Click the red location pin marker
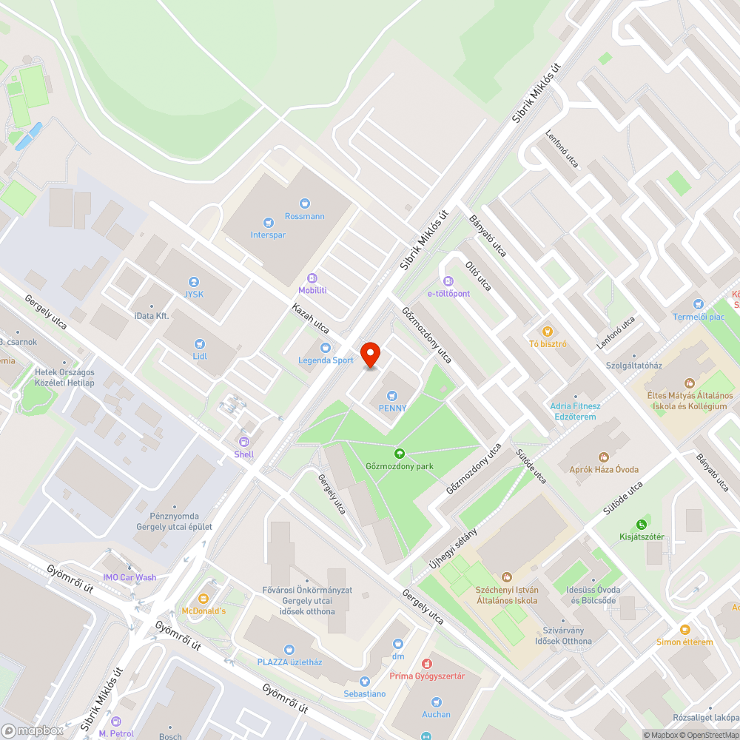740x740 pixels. pyautogui.click(x=370, y=355)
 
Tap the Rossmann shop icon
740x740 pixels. pyautogui.click(x=305, y=203)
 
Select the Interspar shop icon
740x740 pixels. pyautogui.click(x=268, y=221)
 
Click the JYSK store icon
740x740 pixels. pyautogui.click(x=194, y=281)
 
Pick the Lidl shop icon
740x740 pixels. pyautogui.click(x=199, y=343)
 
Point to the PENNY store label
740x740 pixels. pyautogui.click(x=393, y=408)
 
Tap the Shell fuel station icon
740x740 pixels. pyautogui.click(x=243, y=442)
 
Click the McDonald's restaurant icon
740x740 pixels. pyautogui.click(x=203, y=598)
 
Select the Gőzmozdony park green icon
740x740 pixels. pyautogui.click(x=400, y=454)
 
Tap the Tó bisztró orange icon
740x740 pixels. pyautogui.click(x=548, y=331)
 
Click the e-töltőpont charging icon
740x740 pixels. pyautogui.click(x=448, y=280)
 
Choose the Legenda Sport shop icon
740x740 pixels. pyautogui.click(x=326, y=348)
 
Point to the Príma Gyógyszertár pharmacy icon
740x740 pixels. pyautogui.click(x=427, y=664)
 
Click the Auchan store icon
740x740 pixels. pyautogui.click(x=437, y=702)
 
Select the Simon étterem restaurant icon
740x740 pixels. pyautogui.click(x=684, y=629)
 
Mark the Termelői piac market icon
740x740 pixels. pyautogui.click(x=698, y=304)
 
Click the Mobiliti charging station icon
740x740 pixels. pyautogui.click(x=312, y=277)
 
